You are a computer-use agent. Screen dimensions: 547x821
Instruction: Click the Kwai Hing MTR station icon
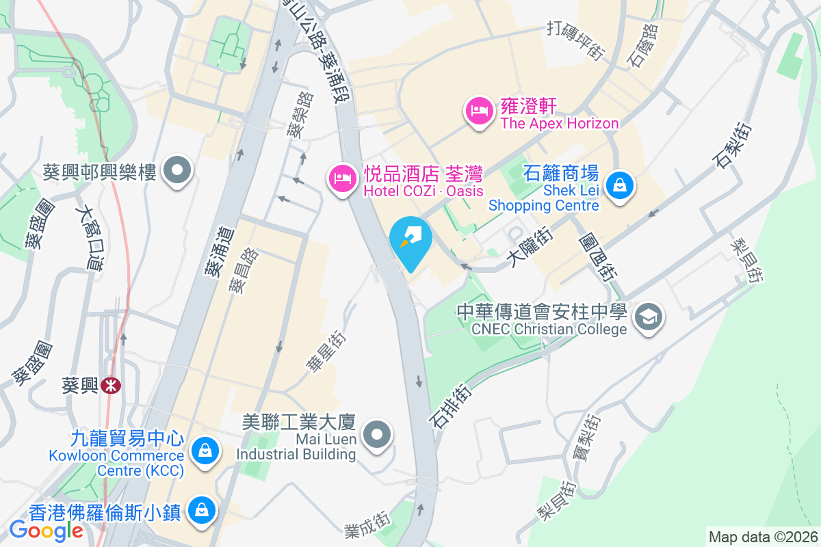[109, 386]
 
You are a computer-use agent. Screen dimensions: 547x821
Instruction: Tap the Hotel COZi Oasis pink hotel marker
[341, 179]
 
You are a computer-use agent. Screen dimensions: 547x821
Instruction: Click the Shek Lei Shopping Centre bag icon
[619, 185]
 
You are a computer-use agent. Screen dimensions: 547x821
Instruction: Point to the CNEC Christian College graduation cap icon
[647, 317]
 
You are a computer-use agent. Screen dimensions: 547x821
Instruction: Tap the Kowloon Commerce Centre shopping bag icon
[204, 450]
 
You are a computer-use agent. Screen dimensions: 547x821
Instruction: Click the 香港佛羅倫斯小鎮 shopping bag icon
[202, 510]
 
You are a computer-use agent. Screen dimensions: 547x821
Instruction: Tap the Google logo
[46, 531]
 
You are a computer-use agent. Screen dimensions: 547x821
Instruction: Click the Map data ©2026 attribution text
[762, 537]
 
